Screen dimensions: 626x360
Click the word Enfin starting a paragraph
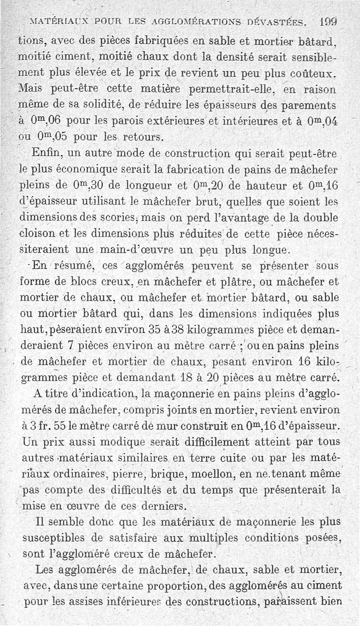(47, 153)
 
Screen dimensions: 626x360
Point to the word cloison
(38, 234)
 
